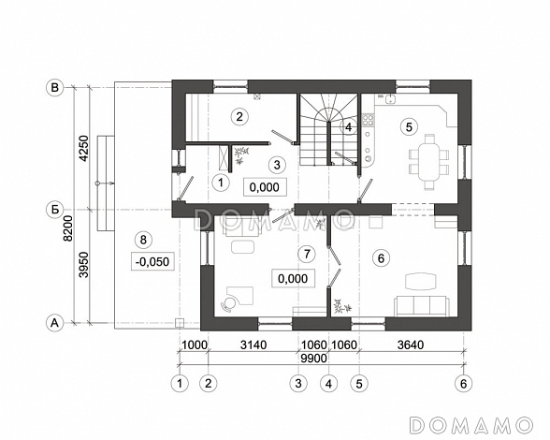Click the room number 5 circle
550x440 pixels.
tap(409, 127)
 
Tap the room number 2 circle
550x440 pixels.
tap(239, 117)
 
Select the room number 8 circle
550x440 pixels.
tap(143, 240)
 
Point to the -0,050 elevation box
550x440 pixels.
tap(152, 261)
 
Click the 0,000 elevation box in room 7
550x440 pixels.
tap(293, 279)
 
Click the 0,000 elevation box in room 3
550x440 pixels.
tap(265, 187)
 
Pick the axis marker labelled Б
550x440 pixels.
tap(54, 210)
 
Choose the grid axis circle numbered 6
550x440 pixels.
tap(464, 384)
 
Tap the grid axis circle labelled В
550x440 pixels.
tap(54, 87)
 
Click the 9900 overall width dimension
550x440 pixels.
tap(314, 359)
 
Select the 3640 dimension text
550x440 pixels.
tap(411, 345)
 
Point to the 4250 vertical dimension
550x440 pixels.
tap(84, 148)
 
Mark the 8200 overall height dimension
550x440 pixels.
tap(68, 228)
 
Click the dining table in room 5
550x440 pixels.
tap(429, 162)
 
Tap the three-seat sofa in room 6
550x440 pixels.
tap(421, 306)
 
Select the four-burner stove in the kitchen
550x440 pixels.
tap(368, 120)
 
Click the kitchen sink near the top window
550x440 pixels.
tap(390, 98)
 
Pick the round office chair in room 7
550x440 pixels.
tap(229, 303)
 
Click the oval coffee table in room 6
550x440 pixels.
tap(421, 281)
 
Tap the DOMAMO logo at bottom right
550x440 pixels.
tap(471, 425)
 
